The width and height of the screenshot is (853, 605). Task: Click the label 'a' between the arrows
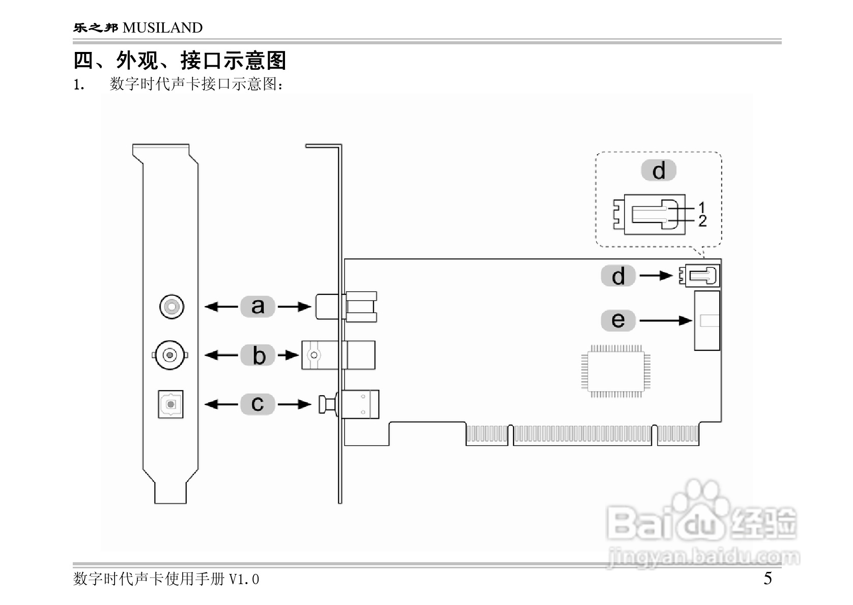(258, 307)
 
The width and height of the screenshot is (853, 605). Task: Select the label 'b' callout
(259, 355)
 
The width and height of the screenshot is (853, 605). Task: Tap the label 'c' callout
(258, 404)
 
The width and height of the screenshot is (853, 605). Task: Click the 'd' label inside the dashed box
(659, 171)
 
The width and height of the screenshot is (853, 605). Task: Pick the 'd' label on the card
(618, 276)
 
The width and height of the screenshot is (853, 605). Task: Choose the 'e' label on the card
(618, 320)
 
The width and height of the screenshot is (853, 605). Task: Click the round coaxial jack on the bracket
(172, 307)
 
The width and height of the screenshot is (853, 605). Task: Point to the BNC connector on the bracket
(169, 354)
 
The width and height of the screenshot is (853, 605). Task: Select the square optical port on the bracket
(170, 404)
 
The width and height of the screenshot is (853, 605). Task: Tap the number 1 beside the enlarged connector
(702, 207)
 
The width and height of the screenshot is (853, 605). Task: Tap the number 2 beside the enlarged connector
(702, 221)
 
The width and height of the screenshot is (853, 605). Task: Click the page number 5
(767, 579)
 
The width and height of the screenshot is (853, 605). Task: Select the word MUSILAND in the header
(162, 28)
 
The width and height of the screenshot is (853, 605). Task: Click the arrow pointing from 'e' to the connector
(665, 321)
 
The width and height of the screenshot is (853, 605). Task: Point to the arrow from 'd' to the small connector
(656, 276)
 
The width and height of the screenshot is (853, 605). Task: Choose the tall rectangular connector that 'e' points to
(707, 320)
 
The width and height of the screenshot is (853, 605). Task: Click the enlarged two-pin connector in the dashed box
(649, 214)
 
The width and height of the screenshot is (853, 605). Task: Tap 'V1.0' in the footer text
(244, 580)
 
